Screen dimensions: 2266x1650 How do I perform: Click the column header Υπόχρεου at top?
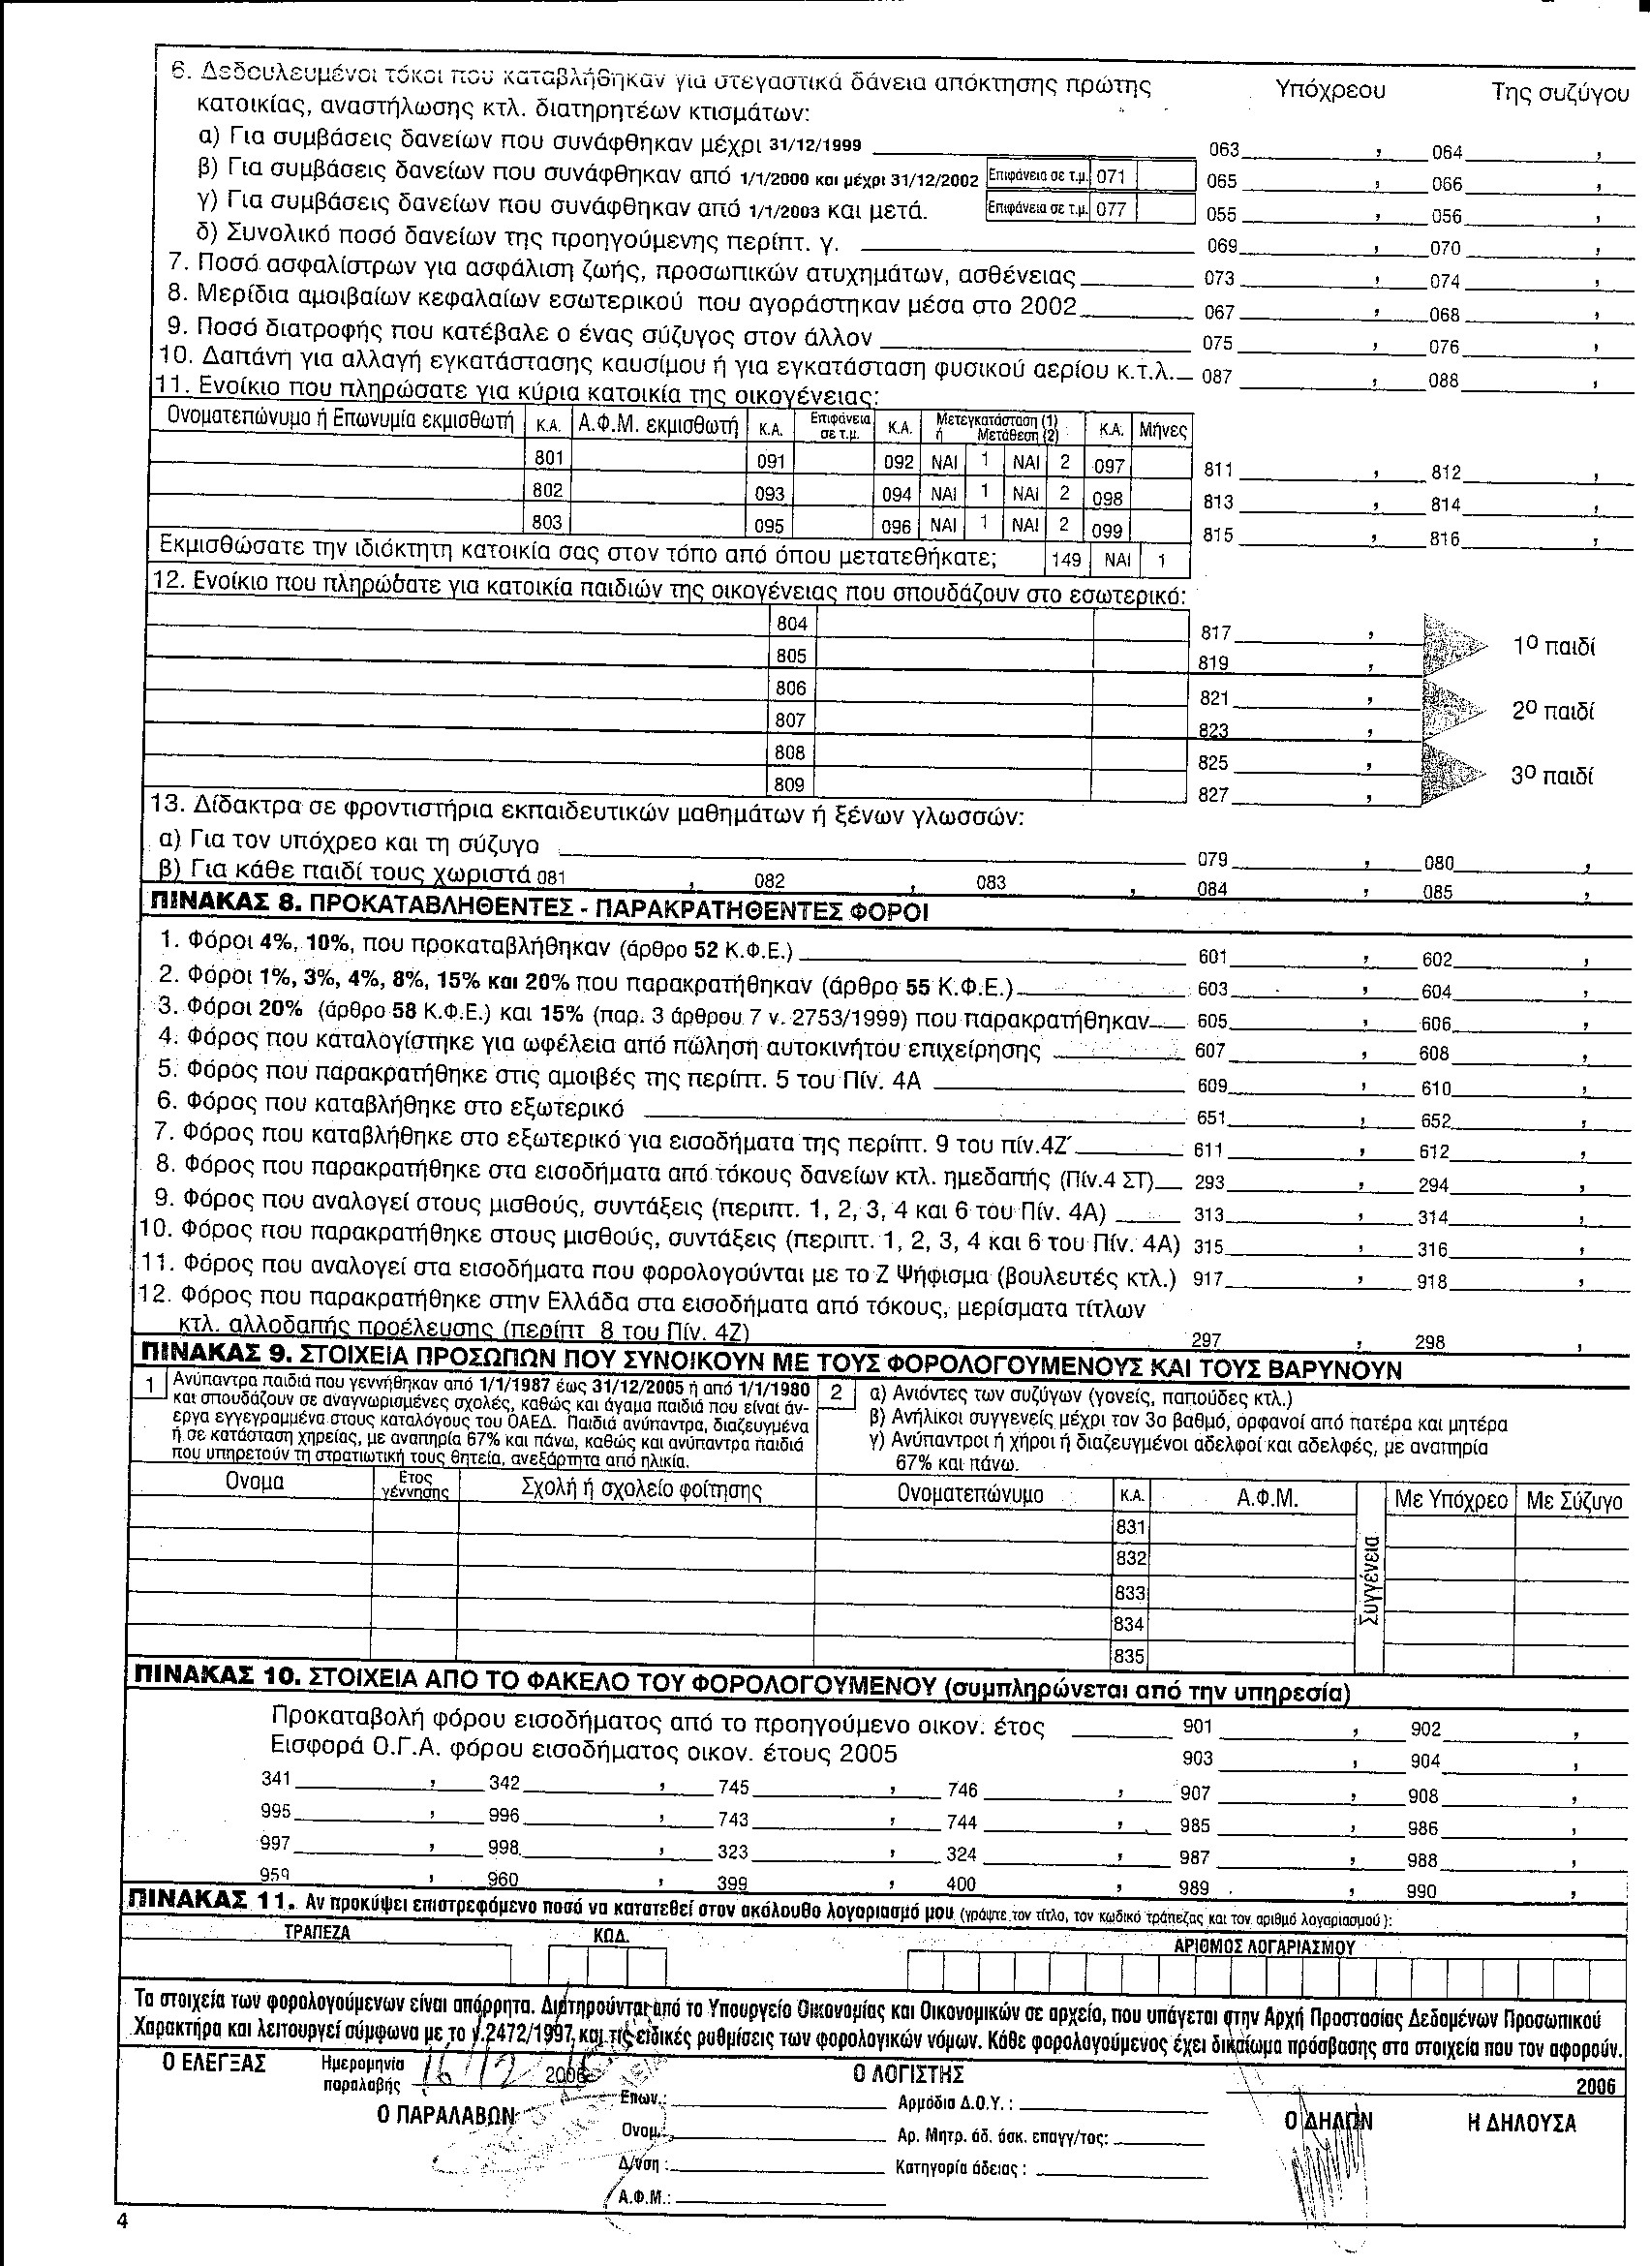[1330, 90]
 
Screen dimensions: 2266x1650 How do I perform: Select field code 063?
[1224, 150]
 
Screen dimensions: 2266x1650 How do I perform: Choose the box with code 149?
[1067, 560]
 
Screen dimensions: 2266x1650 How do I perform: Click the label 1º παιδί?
[1554, 647]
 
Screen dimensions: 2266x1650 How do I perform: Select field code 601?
[1211, 957]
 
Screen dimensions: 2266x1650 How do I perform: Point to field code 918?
[1431, 1282]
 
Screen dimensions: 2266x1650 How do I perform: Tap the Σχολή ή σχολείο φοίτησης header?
[641, 1491]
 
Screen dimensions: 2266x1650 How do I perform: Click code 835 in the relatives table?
[1129, 1657]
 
